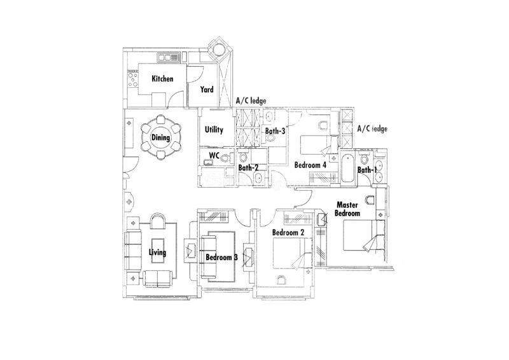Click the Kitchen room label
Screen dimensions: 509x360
coord(162,79)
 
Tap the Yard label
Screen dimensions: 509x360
coord(207,89)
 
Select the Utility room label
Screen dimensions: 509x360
coord(214,130)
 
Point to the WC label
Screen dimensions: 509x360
coord(214,155)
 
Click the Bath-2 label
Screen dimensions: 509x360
coord(248,168)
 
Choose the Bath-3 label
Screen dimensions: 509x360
coord(275,131)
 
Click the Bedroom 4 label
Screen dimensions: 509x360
coord(310,165)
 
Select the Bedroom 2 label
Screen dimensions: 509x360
coord(288,233)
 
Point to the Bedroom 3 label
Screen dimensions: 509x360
coord(221,258)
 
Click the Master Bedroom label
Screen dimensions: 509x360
coord(347,209)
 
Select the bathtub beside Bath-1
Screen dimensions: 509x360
coord(347,168)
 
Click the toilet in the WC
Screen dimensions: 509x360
coord(226,158)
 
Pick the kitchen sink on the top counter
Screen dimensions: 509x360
coord(168,58)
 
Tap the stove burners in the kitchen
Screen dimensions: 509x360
coord(133,80)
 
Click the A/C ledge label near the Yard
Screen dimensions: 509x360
coord(251,101)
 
